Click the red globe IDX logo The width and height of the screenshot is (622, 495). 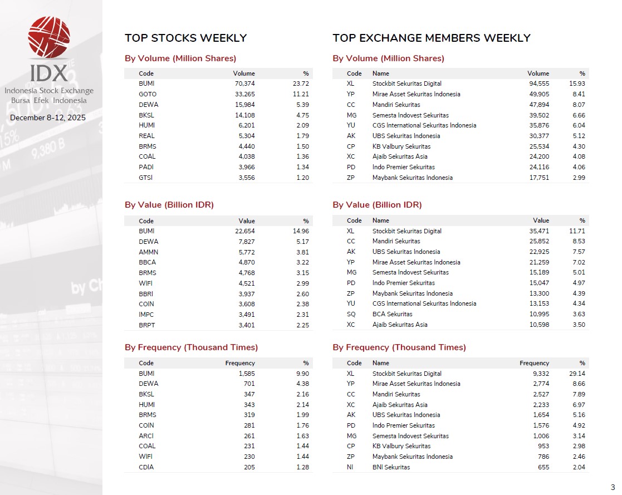pos(49,37)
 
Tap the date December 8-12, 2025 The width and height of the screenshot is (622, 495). pos(48,118)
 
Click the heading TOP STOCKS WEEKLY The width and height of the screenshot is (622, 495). pos(185,38)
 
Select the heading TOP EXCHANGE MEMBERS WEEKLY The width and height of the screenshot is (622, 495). pos(431,38)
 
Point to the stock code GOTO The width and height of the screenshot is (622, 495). pos(148,94)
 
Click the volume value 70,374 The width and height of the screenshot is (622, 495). pos(244,84)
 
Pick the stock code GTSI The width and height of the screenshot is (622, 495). pos(146,178)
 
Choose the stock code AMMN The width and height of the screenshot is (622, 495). pos(148,252)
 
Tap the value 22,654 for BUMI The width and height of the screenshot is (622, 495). pos(244,231)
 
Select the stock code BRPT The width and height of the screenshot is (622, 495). pos(147,325)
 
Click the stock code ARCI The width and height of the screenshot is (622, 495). pos(146,436)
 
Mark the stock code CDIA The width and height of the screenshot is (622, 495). pos(146,467)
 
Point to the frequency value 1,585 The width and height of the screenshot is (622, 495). pos(245,374)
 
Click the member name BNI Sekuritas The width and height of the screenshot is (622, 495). pos(391,467)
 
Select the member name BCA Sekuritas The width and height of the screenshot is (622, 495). pos(392,314)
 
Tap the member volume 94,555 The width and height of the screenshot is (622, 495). pos(538,84)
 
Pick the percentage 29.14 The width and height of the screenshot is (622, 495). pos(577,374)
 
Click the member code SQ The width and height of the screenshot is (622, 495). pos(351,314)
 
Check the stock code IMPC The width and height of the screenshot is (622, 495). pos(146,315)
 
